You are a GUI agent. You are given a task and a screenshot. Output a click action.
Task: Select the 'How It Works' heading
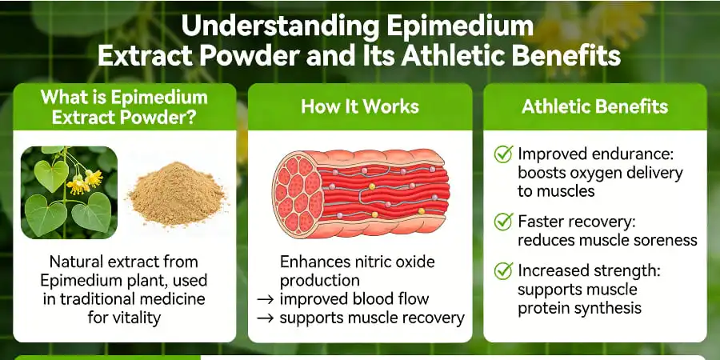(359, 106)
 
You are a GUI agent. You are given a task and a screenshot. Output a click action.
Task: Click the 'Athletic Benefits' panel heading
(594, 106)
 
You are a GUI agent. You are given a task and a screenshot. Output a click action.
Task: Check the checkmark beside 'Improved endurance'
(503, 154)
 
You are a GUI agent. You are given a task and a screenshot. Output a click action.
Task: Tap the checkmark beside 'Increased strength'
(503, 270)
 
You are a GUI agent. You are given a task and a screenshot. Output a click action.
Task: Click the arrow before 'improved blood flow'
(266, 299)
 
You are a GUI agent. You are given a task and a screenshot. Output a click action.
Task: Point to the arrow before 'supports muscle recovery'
(266, 318)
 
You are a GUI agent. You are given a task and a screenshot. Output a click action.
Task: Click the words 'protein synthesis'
(579, 308)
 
